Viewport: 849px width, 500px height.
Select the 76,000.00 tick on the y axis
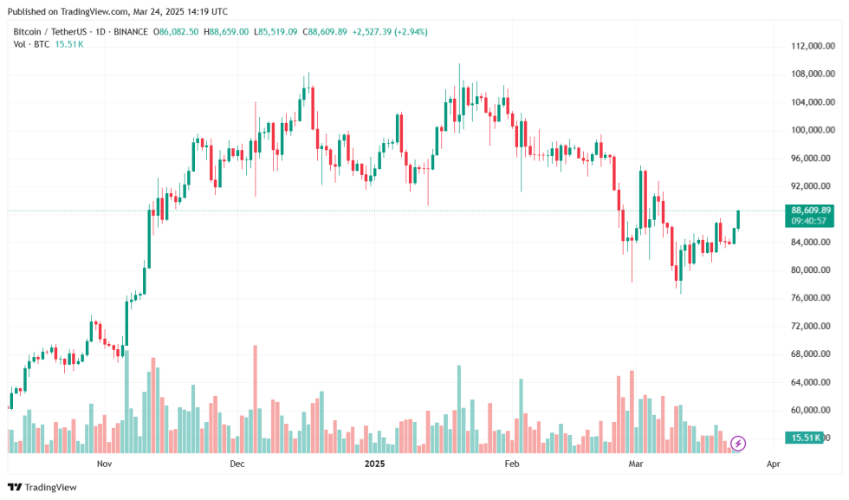(x=813, y=298)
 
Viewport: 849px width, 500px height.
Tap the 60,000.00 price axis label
(x=813, y=410)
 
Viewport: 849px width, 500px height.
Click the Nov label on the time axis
(x=105, y=464)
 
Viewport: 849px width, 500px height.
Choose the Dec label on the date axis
(x=238, y=464)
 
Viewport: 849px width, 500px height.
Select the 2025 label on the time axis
(x=374, y=464)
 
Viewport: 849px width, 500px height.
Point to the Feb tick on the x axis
(x=511, y=464)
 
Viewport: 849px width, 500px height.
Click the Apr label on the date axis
(x=774, y=464)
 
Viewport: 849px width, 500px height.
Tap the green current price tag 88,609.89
(x=811, y=210)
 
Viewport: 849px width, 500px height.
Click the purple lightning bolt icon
(x=738, y=444)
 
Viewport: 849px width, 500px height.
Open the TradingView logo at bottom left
(x=42, y=487)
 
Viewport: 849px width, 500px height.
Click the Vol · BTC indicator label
(x=31, y=44)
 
